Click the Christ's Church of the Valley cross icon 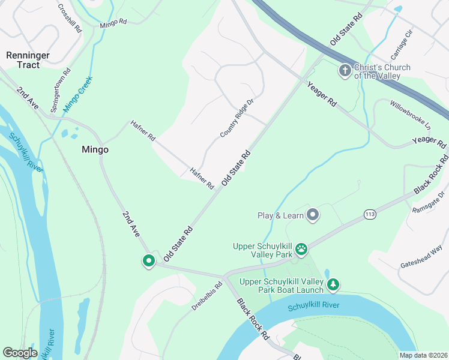pyautogui.click(x=345, y=71)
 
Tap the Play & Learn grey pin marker pyautogui.click(x=312, y=215)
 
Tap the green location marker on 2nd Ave pyautogui.click(x=148, y=261)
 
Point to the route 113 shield pyautogui.click(x=369, y=214)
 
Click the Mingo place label pyautogui.click(x=95, y=150)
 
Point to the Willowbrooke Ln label pyautogui.click(x=411, y=115)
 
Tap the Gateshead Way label pyautogui.click(x=421, y=257)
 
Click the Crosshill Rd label pyautogui.click(x=70, y=18)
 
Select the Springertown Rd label pyautogui.click(x=60, y=87)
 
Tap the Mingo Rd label pyautogui.click(x=113, y=23)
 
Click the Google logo pyautogui.click(x=20, y=353)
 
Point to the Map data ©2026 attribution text pyautogui.click(x=423, y=355)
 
